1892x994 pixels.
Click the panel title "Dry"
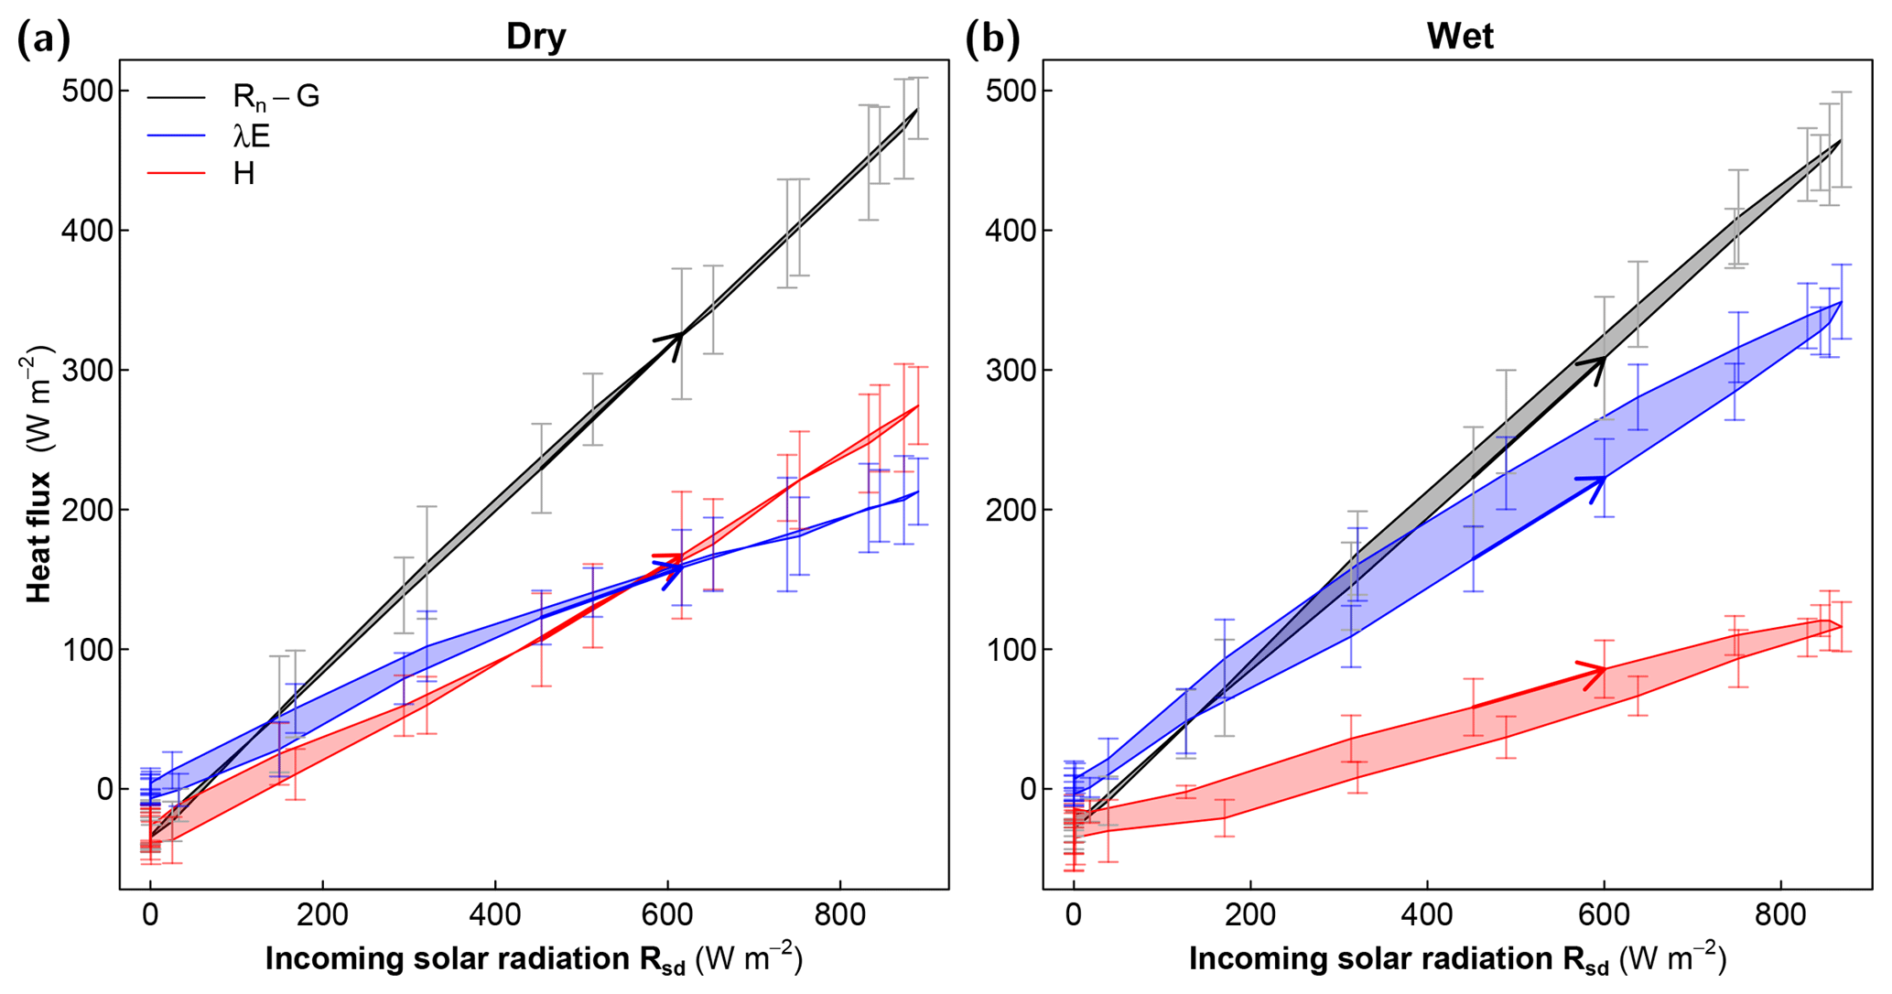(536, 37)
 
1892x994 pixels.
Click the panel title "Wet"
(1460, 37)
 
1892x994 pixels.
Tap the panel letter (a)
(43, 39)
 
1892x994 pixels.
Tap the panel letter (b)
(992, 39)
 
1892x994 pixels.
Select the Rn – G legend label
(276, 96)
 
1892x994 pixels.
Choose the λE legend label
(252, 136)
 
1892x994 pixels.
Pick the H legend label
(243, 174)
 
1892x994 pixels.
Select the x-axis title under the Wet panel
(1457, 959)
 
